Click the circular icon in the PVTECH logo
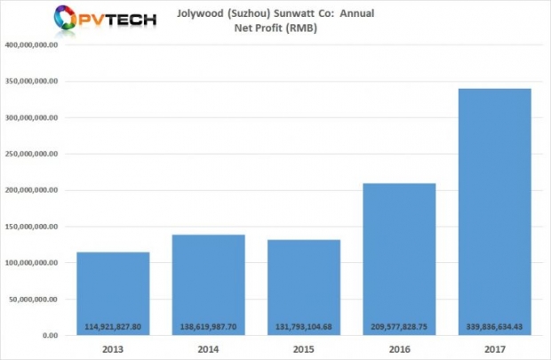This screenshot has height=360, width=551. tap(67, 19)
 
